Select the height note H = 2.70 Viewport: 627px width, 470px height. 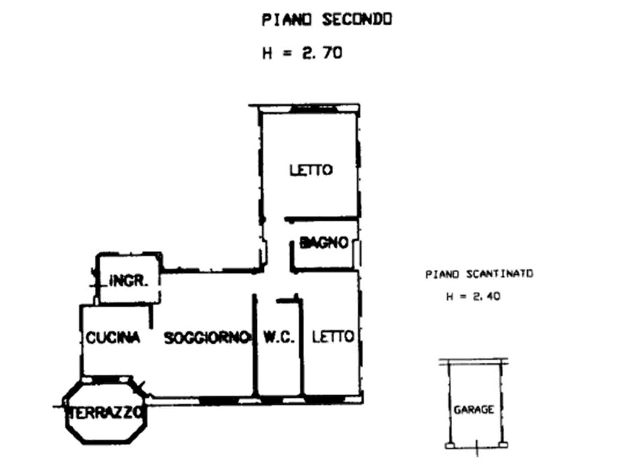(x=304, y=52)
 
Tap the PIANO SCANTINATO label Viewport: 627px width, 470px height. (x=480, y=274)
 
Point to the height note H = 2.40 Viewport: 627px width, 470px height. (x=473, y=297)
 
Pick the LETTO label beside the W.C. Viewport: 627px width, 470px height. (x=333, y=337)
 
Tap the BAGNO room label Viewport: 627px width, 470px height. (x=324, y=243)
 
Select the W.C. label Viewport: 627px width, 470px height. (x=278, y=337)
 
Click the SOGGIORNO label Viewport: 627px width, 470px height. (x=207, y=338)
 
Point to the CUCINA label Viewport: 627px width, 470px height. (x=113, y=338)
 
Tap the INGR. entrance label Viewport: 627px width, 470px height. (x=128, y=281)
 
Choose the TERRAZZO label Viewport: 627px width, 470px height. (x=106, y=412)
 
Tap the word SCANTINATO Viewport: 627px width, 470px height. (x=503, y=274)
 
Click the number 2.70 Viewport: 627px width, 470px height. (x=322, y=52)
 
